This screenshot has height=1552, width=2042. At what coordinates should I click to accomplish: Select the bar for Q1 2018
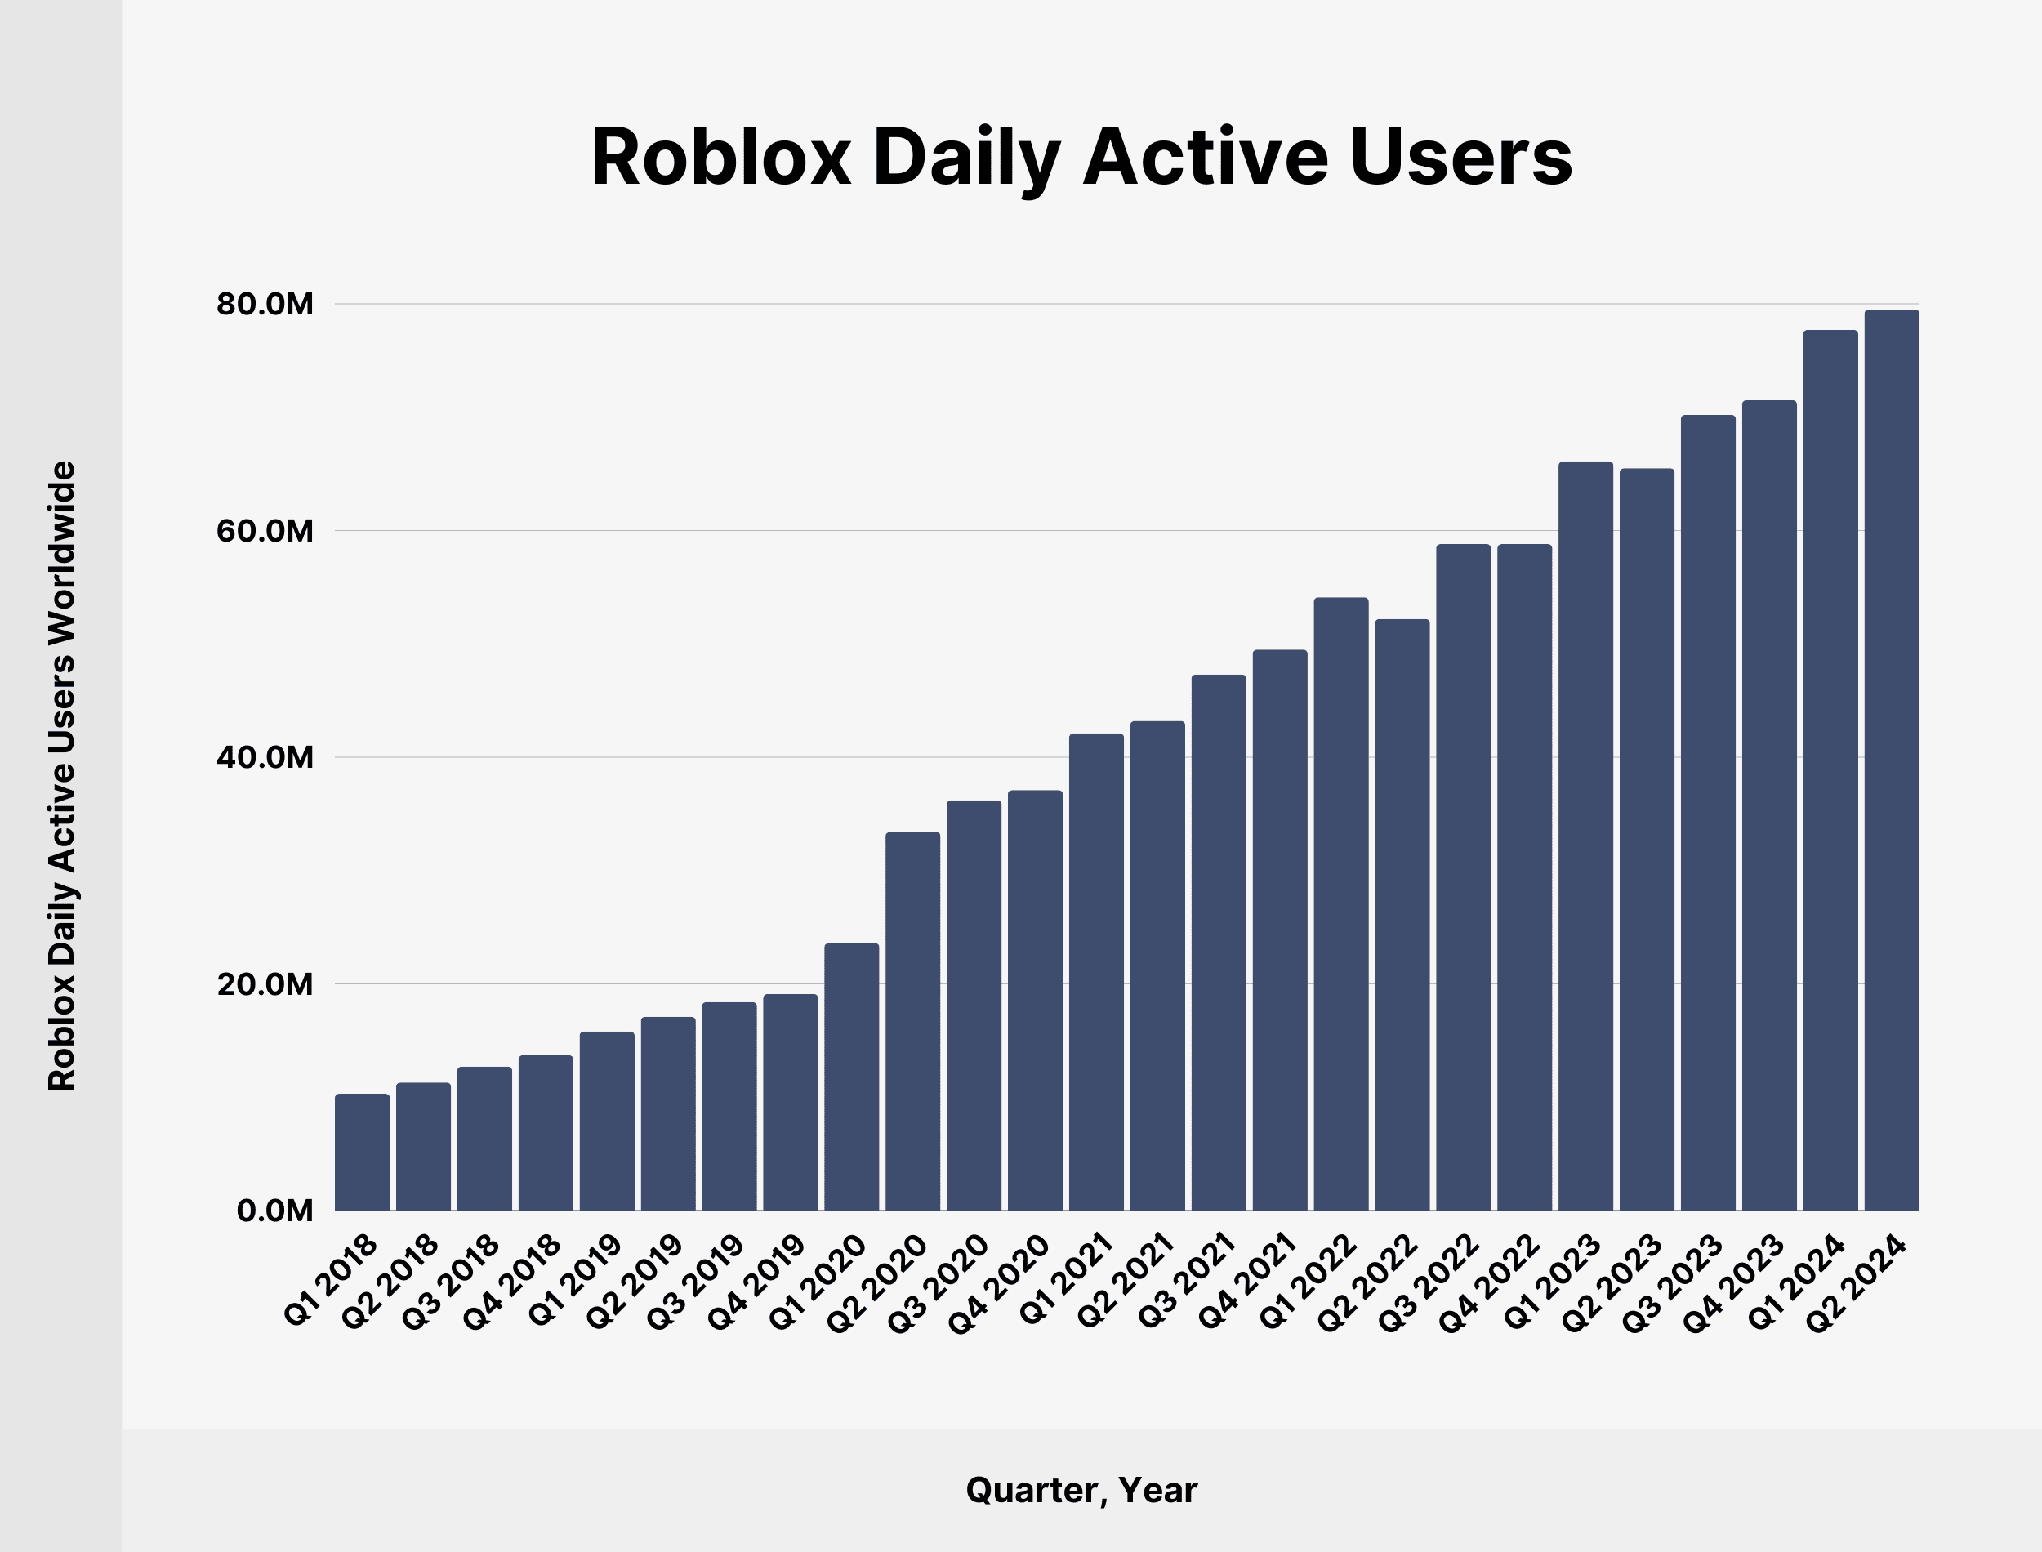(362, 1152)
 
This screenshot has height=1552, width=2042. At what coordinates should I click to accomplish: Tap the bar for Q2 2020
(912, 1021)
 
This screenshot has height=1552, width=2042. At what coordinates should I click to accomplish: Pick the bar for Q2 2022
(1402, 915)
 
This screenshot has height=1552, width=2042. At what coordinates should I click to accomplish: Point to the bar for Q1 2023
(1585, 836)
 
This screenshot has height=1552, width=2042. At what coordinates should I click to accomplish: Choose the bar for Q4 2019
(791, 1102)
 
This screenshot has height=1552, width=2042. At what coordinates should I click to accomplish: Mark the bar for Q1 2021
(1096, 972)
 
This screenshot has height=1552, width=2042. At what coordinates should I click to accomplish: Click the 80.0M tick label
(265, 304)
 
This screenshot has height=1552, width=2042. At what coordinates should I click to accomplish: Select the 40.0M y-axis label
(265, 757)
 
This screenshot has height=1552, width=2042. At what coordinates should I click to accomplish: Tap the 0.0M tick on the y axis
(274, 1211)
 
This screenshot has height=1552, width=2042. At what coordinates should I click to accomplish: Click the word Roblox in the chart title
(720, 157)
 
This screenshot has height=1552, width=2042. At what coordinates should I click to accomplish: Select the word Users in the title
(1460, 157)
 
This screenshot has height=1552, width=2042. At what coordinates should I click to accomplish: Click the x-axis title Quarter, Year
(1081, 1490)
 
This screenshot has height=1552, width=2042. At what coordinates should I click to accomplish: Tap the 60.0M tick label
(265, 531)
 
